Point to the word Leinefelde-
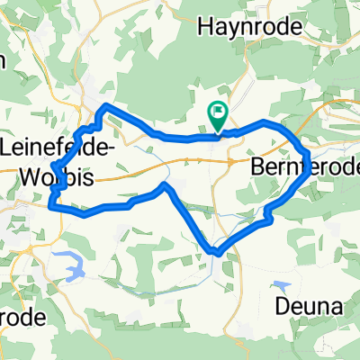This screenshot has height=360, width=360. [x=58, y=146]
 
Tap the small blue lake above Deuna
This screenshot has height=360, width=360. [x=283, y=286]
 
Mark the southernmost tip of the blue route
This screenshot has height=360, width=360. [x=214, y=252]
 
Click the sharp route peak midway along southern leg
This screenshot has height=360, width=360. [x=164, y=185]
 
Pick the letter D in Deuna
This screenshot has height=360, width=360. [x=278, y=308]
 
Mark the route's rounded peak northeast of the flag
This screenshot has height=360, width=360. [x=264, y=121]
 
